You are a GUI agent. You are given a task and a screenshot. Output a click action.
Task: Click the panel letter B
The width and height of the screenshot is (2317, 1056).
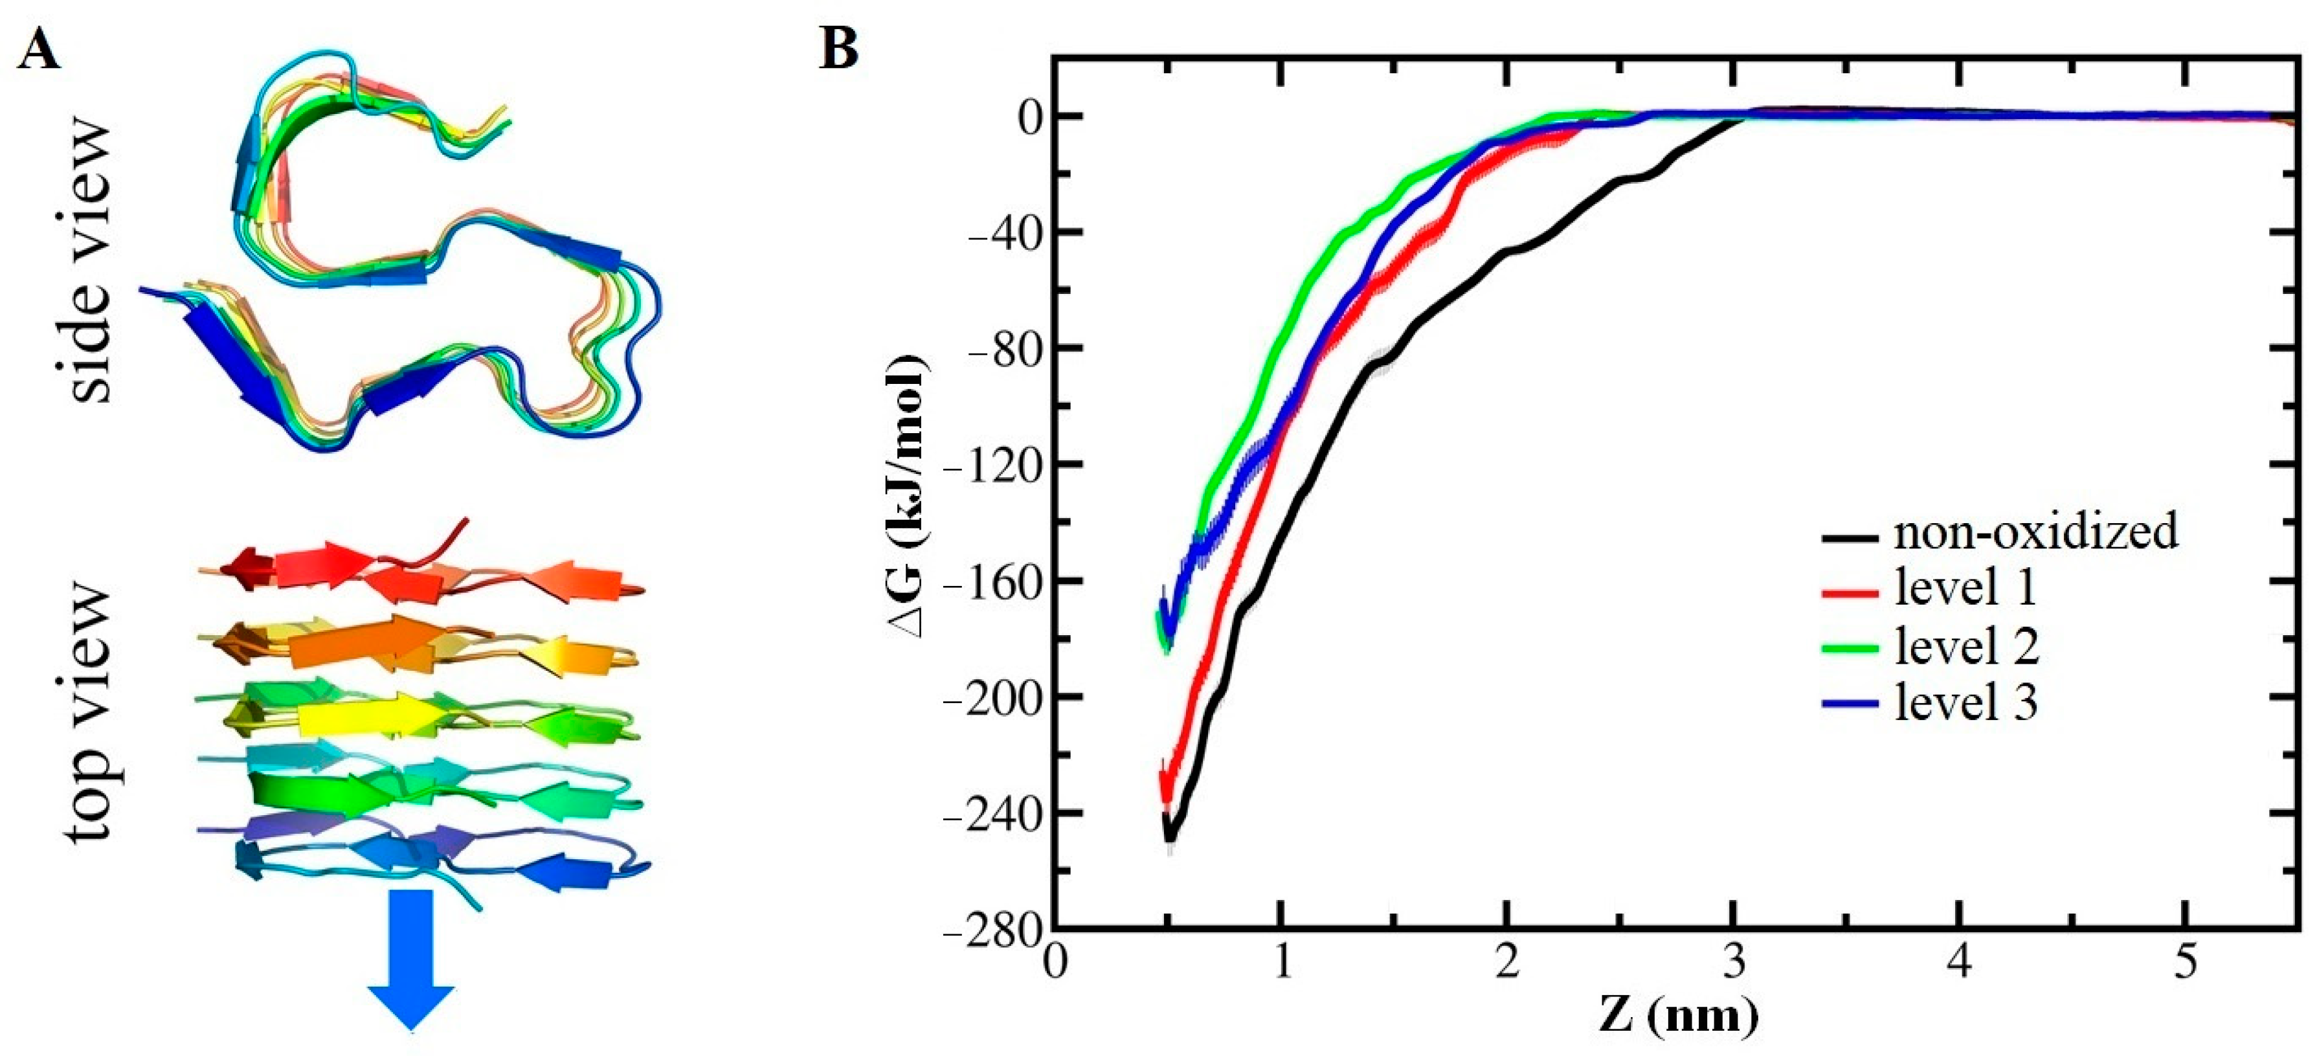coord(838,49)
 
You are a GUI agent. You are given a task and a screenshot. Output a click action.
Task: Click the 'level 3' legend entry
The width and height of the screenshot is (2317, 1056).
coord(1966,702)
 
